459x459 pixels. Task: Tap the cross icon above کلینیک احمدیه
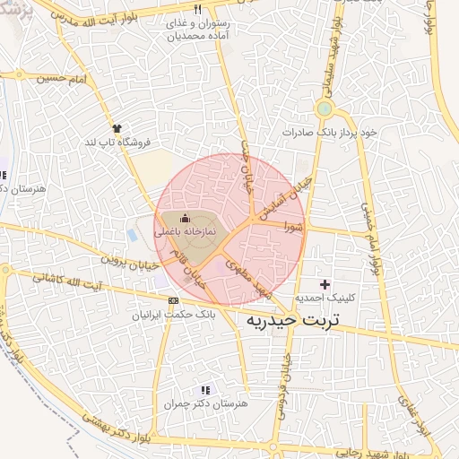[325, 283]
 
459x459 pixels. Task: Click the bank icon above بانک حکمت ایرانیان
[173, 300]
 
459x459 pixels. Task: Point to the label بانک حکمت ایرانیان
[174, 315]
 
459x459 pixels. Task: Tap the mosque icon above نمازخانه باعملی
[186, 217]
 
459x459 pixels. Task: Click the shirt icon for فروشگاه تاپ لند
[116, 128]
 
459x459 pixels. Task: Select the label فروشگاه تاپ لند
[117, 142]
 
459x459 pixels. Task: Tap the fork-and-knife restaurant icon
[197, 10]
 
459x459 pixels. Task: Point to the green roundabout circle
[324, 109]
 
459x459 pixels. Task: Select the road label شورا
[296, 229]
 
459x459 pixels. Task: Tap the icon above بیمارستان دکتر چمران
[205, 390]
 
